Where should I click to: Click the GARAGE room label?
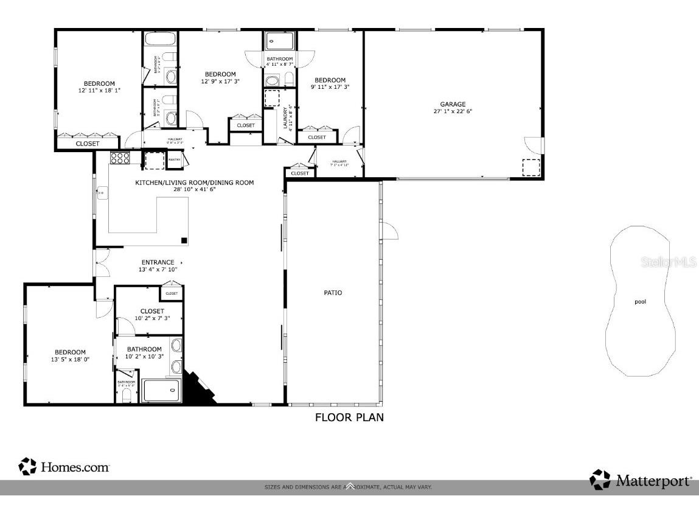(453, 104)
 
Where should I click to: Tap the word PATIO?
(333, 293)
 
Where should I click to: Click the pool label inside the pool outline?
(640, 301)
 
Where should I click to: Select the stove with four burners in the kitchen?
(120, 158)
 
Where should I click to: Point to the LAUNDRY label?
(285, 119)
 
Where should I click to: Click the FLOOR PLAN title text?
(349, 417)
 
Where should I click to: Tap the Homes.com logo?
(64, 467)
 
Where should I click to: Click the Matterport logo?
(641, 480)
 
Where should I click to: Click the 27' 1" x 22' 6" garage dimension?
(453, 111)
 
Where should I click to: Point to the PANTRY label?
(174, 161)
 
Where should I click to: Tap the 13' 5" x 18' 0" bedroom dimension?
(70, 359)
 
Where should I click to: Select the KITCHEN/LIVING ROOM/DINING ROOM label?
(194, 183)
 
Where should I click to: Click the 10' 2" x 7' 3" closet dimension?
(152, 318)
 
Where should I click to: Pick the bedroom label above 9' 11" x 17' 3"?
(330, 80)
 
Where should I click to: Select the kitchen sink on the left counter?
(101, 194)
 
